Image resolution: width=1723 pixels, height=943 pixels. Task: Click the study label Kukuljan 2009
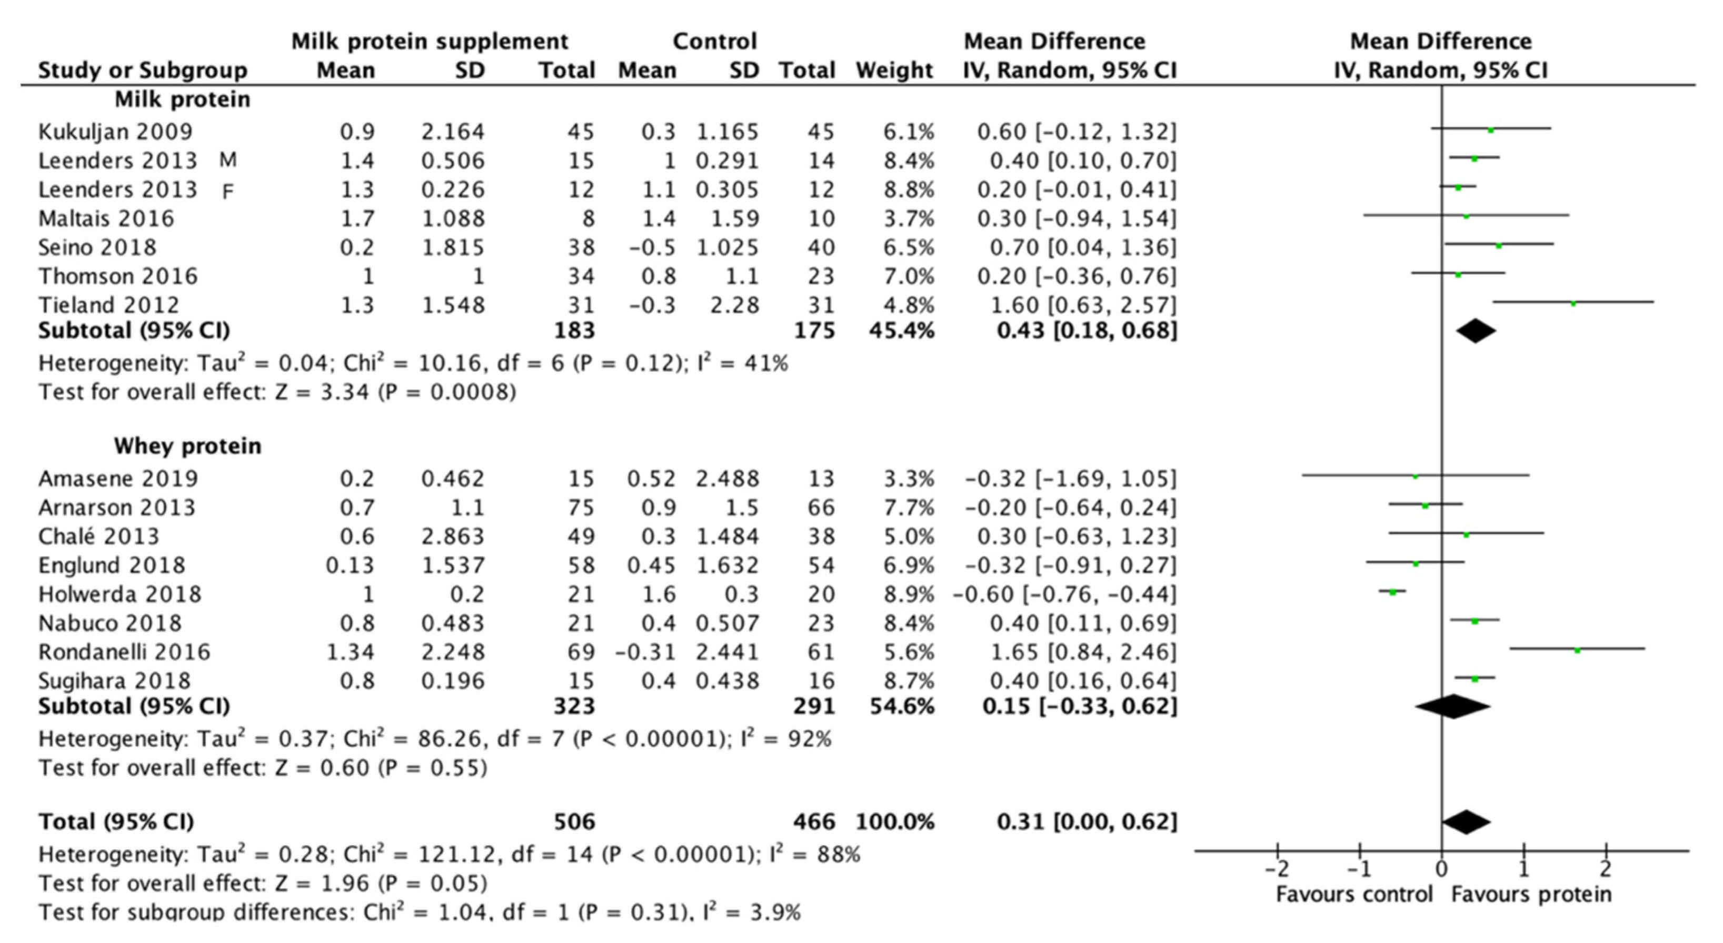coord(115,132)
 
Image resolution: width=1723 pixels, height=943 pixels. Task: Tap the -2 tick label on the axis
coord(1276,869)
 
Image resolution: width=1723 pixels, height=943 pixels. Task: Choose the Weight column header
coord(894,70)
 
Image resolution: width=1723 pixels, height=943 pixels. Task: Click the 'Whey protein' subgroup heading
coord(187,446)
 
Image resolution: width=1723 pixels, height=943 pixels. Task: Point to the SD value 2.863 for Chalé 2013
coord(452,537)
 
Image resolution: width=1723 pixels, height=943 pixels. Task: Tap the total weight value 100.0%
coord(894,822)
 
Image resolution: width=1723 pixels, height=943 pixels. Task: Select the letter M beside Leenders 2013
coord(227,161)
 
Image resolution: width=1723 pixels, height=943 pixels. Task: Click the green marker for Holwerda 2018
coord(1392,592)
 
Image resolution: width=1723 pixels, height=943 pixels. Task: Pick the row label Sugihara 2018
coord(114,681)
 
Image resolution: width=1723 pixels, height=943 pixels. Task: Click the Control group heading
coord(714,42)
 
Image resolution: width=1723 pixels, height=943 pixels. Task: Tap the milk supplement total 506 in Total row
coord(574,822)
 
